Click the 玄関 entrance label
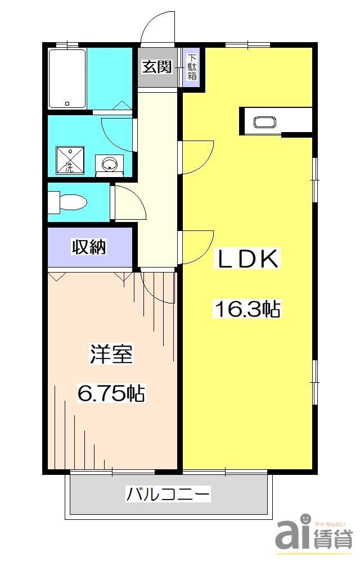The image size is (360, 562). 157,67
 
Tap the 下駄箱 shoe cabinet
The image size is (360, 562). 192,67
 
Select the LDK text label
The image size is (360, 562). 247,260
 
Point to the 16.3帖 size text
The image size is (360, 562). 246,309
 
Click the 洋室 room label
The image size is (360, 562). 111,355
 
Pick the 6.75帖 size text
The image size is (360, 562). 111,393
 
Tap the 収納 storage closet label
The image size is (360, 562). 89,247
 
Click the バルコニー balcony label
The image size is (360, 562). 168,495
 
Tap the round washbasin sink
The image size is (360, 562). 109,164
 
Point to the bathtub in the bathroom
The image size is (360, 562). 67,79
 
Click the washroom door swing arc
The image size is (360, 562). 118,135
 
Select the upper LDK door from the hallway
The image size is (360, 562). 197,157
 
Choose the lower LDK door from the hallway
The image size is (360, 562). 197,246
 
